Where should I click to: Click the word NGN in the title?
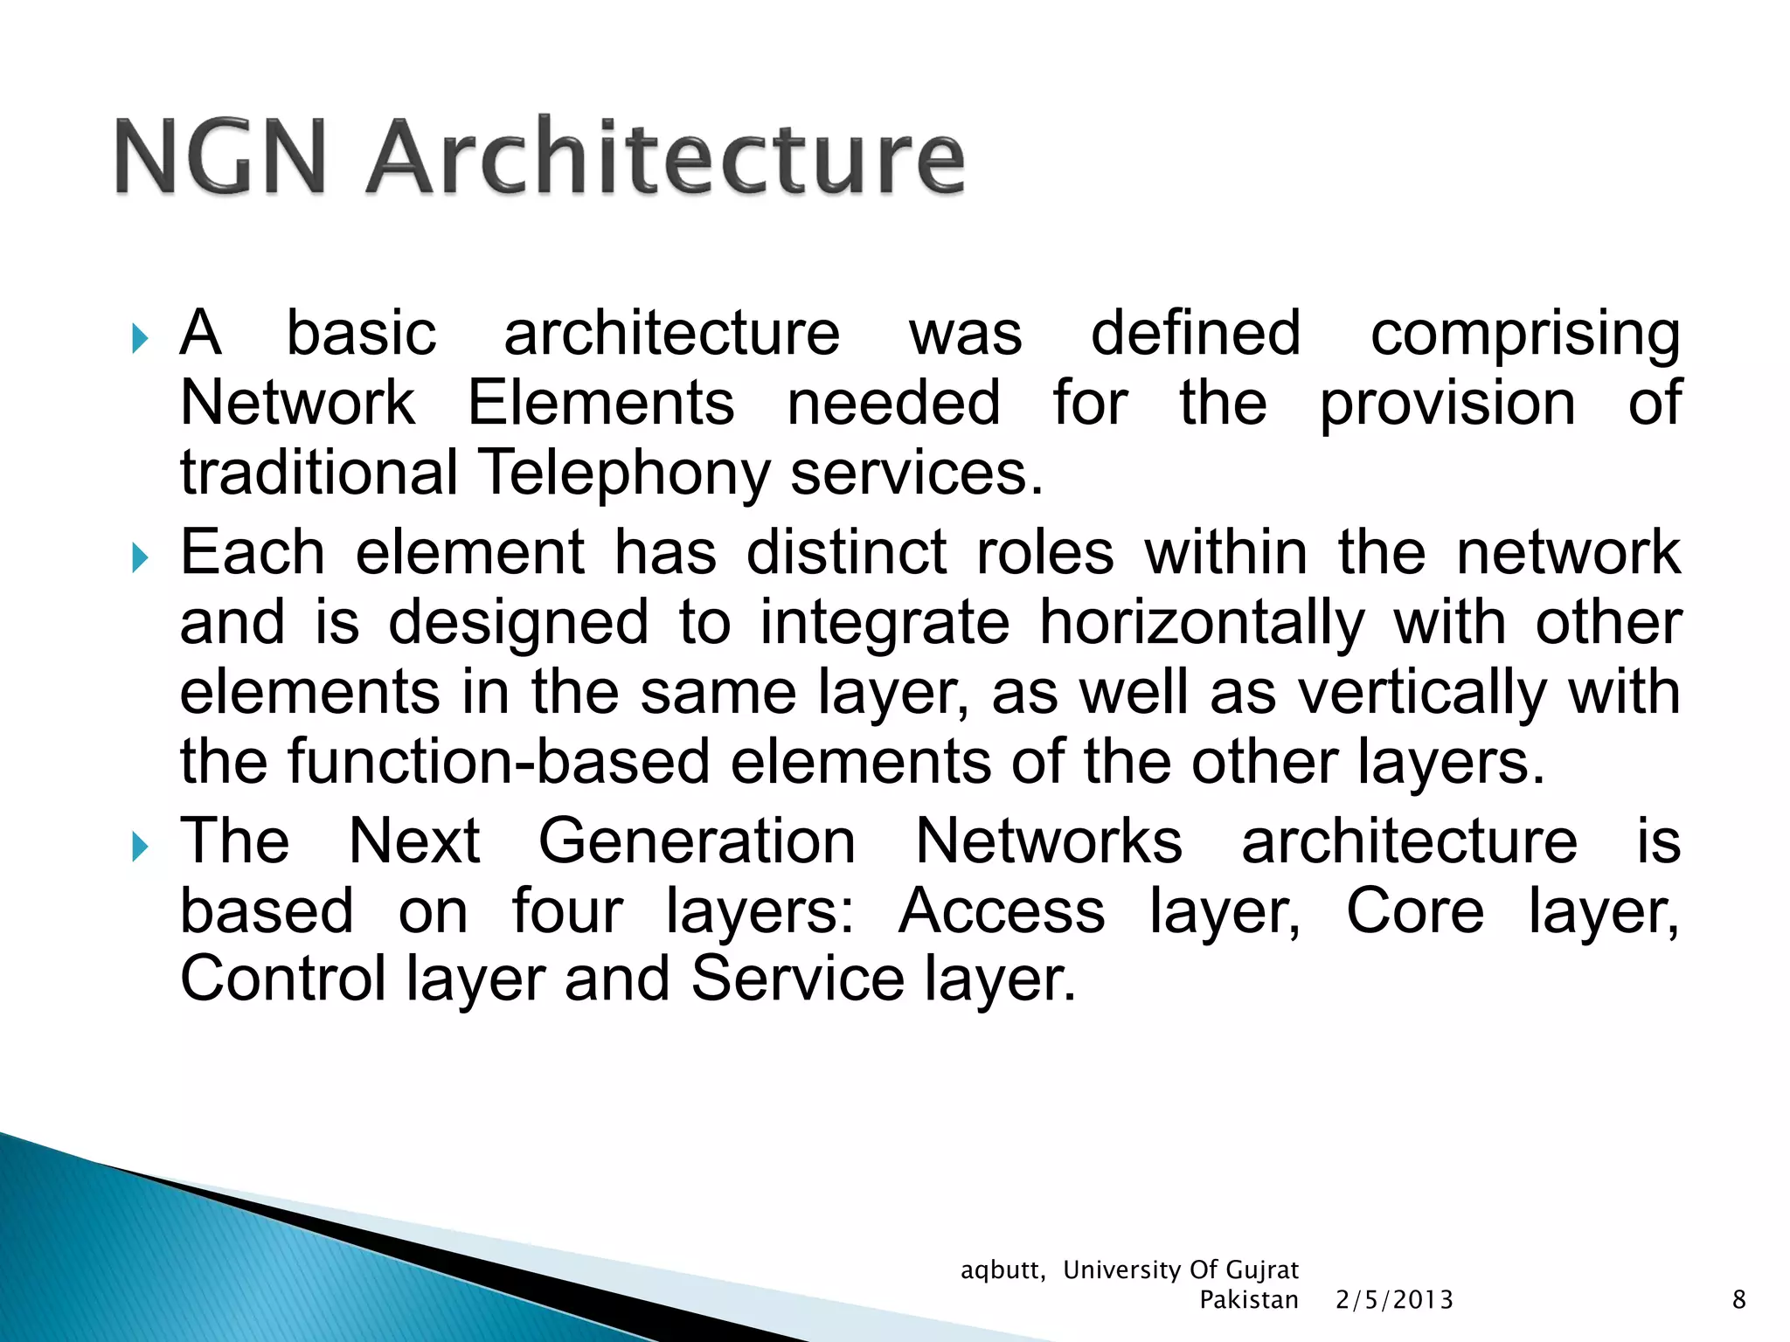[220, 157]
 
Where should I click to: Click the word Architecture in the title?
[666, 157]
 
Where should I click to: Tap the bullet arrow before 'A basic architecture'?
[140, 339]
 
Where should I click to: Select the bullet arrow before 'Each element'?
[140, 557]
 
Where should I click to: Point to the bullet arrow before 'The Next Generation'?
[140, 846]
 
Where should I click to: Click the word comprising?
[1524, 335]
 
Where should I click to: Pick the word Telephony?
[624, 474]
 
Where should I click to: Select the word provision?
[1447, 405]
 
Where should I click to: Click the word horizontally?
[1201, 624]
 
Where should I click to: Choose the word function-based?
[498, 762]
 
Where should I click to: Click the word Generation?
[697, 842]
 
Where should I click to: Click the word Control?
[282, 979]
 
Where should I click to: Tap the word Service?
[797, 979]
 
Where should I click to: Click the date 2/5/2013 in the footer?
[1394, 1300]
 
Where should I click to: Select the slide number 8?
[1738, 1300]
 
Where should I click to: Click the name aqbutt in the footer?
[1002, 1270]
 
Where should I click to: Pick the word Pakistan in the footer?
[1248, 1300]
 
